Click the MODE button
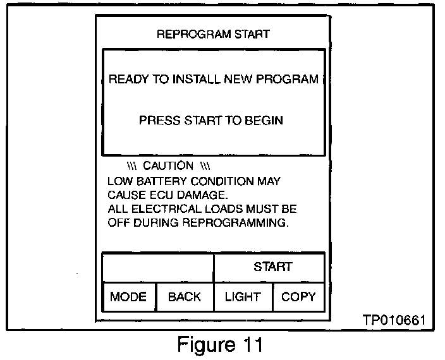(x=128, y=297)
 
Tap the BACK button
(x=185, y=297)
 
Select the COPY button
(x=298, y=297)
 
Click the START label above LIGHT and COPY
(x=273, y=267)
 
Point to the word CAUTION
(x=168, y=166)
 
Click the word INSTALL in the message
(x=193, y=80)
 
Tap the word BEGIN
(x=265, y=120)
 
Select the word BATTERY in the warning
(x=162, y=181)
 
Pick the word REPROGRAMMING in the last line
(x=235, y=223)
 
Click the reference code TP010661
(x=394, y=321)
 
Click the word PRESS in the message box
(x=159, y=120)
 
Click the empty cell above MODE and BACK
(x=157, y=267)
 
